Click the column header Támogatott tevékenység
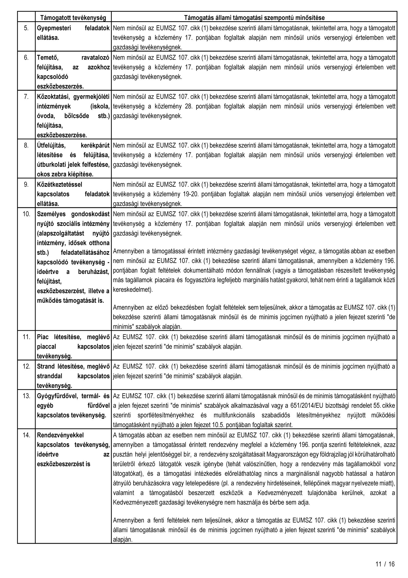(x=73, y=18)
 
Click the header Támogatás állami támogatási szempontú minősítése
(x=254, y=18)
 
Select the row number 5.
(x=26, y=28)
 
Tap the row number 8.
(x=26, y=145)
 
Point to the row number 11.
(x=26, y=337)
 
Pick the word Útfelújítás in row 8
(x=51, y=145)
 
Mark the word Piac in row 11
(x=43, y=337)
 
